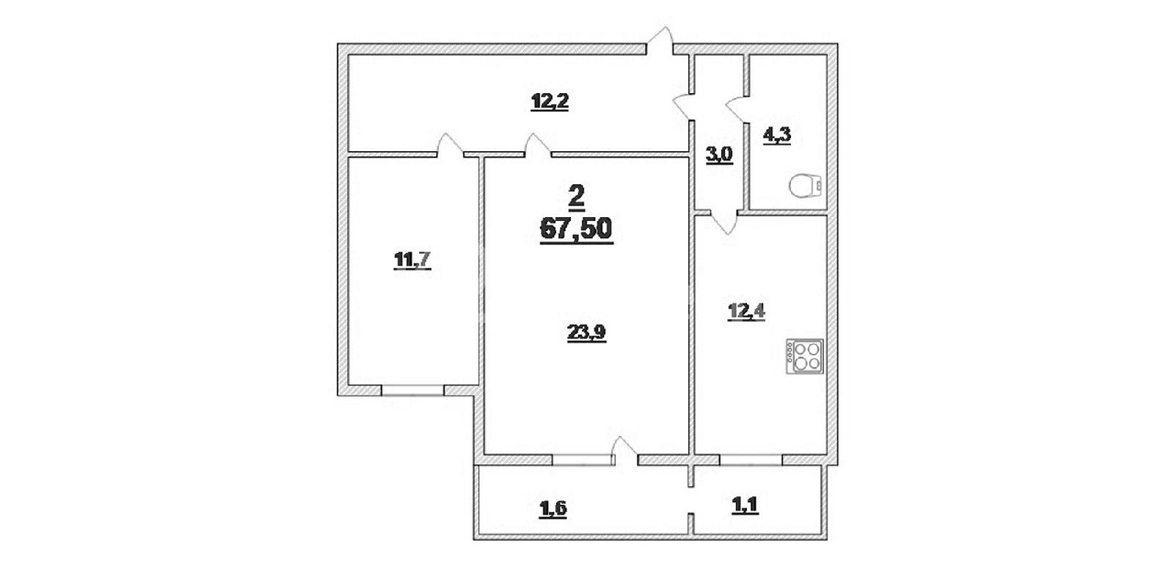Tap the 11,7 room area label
click(412, 260)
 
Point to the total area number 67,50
click(576, 230)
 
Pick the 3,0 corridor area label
click(719, 156)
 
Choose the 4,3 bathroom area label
click(777, 135)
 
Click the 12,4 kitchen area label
click(746, 311)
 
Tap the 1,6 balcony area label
click(553, 508)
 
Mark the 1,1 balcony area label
click(745, 506)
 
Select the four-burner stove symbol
click(804, 357)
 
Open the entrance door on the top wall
click(660, 42)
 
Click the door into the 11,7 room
click(451, 145)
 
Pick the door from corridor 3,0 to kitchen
click(723, 222)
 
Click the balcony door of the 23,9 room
click(624, 451)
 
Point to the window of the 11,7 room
click(412, 390)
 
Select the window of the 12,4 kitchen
click(751, 459)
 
